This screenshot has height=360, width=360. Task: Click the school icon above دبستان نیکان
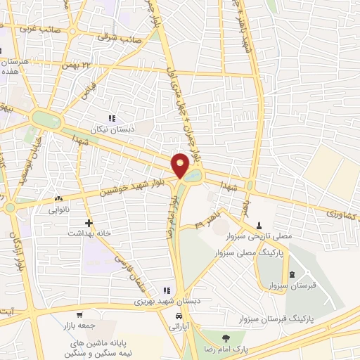point(111,119)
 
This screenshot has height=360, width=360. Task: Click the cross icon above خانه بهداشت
point(88,222)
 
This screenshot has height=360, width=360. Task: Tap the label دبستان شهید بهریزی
point(167,301)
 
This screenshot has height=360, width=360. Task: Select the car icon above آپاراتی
point(175,317)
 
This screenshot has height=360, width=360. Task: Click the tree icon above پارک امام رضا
point(225,339)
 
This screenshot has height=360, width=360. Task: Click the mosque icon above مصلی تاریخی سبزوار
point(260,226)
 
